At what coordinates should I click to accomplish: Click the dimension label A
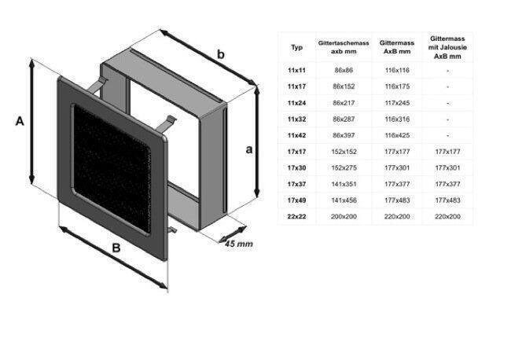20,121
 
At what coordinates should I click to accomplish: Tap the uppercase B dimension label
116,248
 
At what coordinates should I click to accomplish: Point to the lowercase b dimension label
221,54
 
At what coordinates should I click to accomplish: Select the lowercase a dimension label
249,149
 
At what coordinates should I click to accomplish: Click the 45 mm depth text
239,244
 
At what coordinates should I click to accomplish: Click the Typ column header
296,48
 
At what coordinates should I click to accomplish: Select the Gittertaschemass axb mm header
344,47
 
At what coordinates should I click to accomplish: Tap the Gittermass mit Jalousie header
447,48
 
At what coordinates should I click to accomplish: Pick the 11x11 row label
296,70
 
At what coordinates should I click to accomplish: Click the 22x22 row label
296,216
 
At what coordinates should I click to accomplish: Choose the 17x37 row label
296,184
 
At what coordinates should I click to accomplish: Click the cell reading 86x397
344,135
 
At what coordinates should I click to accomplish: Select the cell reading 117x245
397,103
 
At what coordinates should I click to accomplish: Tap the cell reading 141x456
344,200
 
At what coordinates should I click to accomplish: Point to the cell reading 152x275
344,167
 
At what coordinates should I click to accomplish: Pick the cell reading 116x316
397,119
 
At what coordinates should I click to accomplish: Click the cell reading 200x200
344,216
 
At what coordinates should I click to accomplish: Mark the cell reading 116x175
397,86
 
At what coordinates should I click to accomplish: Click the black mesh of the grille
112,168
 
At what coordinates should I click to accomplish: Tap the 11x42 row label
296,135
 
